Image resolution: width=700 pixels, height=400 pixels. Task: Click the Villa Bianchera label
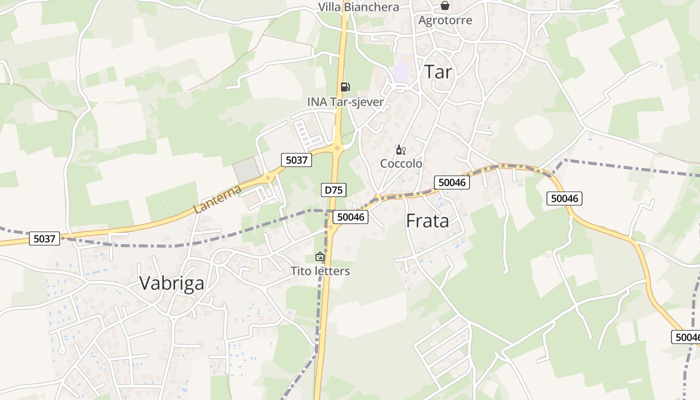tap(358, 7)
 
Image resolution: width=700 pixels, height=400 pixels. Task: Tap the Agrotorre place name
tap(445, 20)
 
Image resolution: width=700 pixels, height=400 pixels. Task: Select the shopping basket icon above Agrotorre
tap(444, 5)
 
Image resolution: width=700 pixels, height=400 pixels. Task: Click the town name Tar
tap(438, 72)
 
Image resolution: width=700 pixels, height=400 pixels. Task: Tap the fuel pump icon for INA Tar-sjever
tap(345, 87)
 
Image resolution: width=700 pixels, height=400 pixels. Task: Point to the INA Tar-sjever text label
tap(345, 102)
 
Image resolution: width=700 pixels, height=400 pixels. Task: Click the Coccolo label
tap(401, 163)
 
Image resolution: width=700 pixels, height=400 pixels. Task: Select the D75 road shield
tap(333, 190)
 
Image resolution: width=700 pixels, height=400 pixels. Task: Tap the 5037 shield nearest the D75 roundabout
tap(296, 160)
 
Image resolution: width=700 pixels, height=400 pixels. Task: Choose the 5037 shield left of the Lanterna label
tap(44, 238)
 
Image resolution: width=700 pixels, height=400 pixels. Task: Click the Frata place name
tap(427, 221)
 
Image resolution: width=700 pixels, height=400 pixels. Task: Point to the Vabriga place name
tap(171, 283)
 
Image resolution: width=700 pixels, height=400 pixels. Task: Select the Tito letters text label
tap(320, 271)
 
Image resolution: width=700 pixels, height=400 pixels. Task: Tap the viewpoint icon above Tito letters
tap(320, 256)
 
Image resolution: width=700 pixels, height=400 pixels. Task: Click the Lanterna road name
tap(217, 199)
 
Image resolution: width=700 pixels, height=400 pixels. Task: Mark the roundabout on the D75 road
tap(337, 147)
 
